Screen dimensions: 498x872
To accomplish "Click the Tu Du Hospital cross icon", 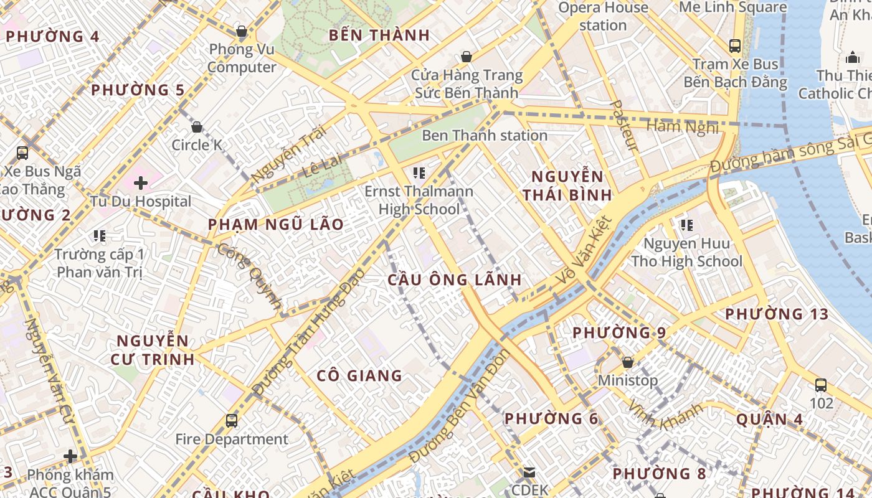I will click(141, 183).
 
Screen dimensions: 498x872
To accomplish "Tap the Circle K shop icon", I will click(197, 127).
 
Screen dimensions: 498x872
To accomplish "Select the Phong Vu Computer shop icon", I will click(242, 31).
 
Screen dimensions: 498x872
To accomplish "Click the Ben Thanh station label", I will click(485, 135).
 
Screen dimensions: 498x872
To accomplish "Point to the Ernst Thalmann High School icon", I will click(419, 172).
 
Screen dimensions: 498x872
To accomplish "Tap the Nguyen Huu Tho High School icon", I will click(687, 225).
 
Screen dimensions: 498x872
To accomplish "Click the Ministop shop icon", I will click(628, 362).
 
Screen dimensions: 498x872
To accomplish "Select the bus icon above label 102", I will click(821, 385).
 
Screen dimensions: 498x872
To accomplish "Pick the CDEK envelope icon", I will click(529, 472).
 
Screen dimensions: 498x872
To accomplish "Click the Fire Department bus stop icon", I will click(232, 421).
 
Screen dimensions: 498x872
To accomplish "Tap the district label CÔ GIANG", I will click(359, 375).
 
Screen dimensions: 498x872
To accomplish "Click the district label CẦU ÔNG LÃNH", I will click(454, 280).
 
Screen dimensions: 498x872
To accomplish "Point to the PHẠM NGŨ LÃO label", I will click(275, 224).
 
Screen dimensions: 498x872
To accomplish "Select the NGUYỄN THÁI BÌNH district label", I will click(567, 185).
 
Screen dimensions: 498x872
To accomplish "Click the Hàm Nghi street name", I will click(683, 126).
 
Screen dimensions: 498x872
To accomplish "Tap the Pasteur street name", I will click(624, 126).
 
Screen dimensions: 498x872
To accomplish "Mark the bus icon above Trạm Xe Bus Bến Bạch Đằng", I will click(735, 45).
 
